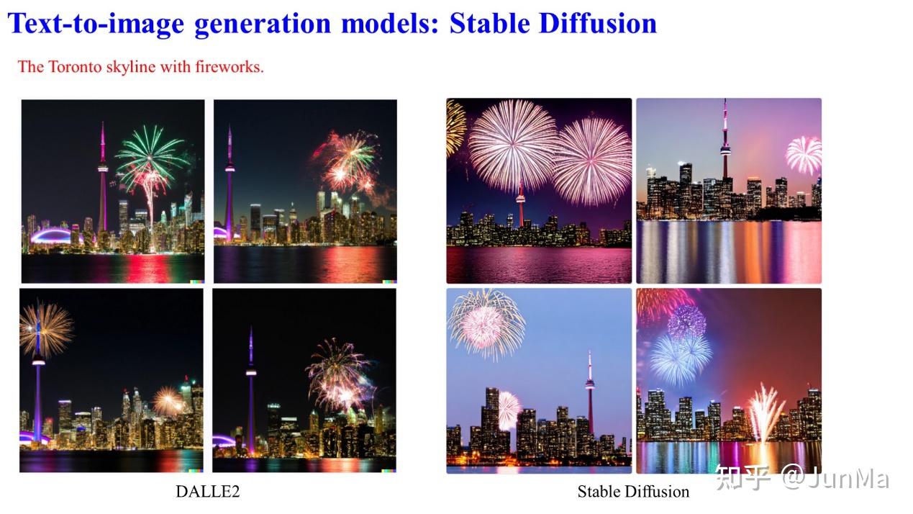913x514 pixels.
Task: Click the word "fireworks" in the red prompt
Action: click(x=230, y=67)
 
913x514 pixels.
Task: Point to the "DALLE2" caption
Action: click(x=207, y=492)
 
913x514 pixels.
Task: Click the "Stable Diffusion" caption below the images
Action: click(x=633, y=492)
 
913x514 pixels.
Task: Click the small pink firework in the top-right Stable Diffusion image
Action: click(x=803, y=153)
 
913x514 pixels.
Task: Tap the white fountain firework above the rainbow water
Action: click(x=765, y=412)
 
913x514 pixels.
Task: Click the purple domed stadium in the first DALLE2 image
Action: click(x=51, y=236)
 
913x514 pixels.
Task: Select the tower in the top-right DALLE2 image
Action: click(x=230, y=180)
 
